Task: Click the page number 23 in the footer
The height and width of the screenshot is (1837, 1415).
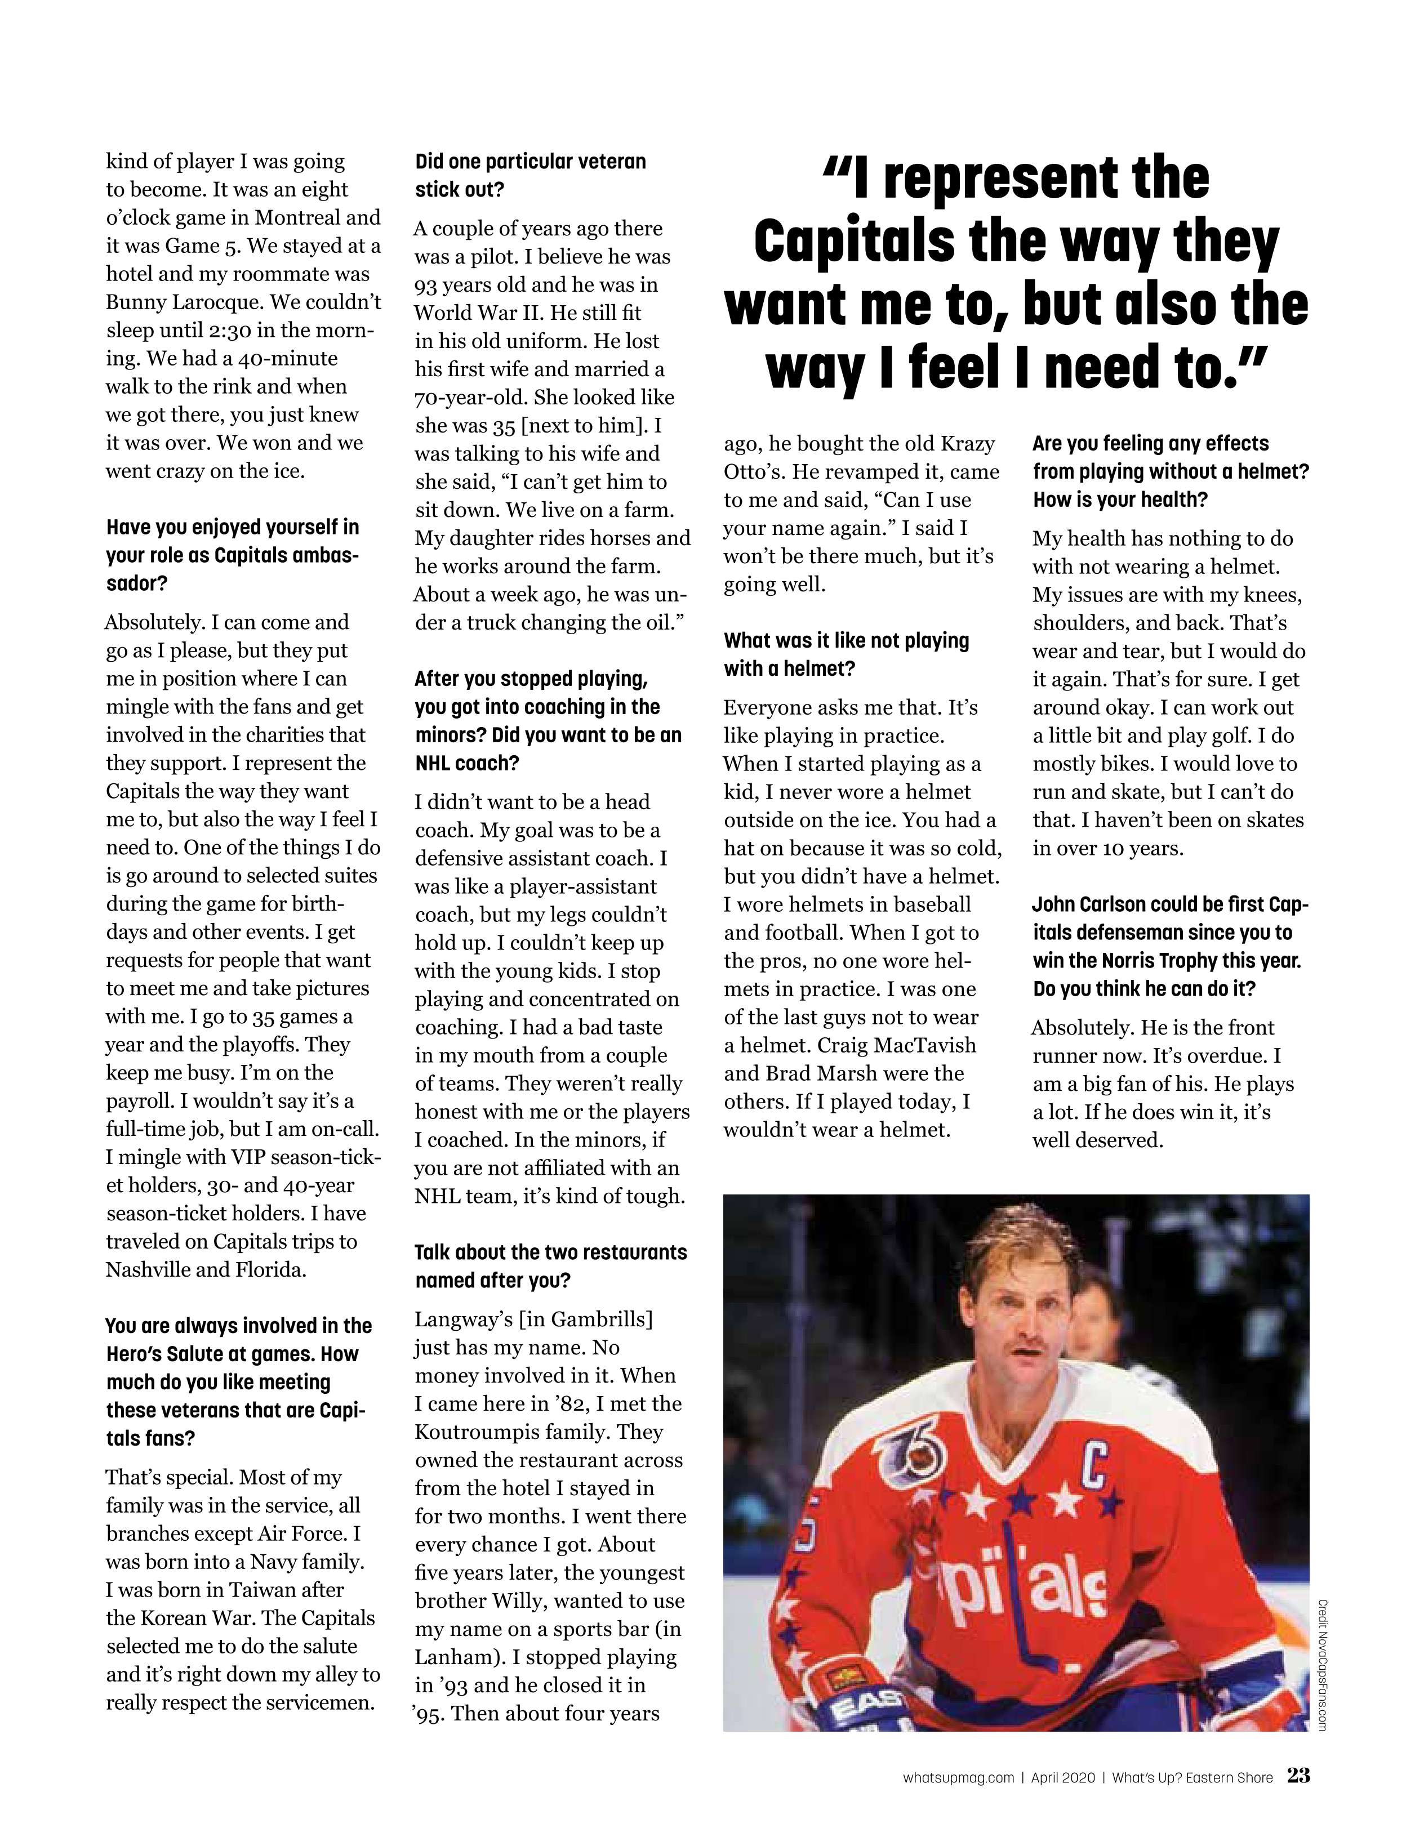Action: coord(1297,1776)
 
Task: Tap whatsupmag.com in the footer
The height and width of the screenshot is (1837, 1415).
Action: coord(958,1778)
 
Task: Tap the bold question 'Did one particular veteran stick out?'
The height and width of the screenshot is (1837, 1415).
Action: coord(530,175)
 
